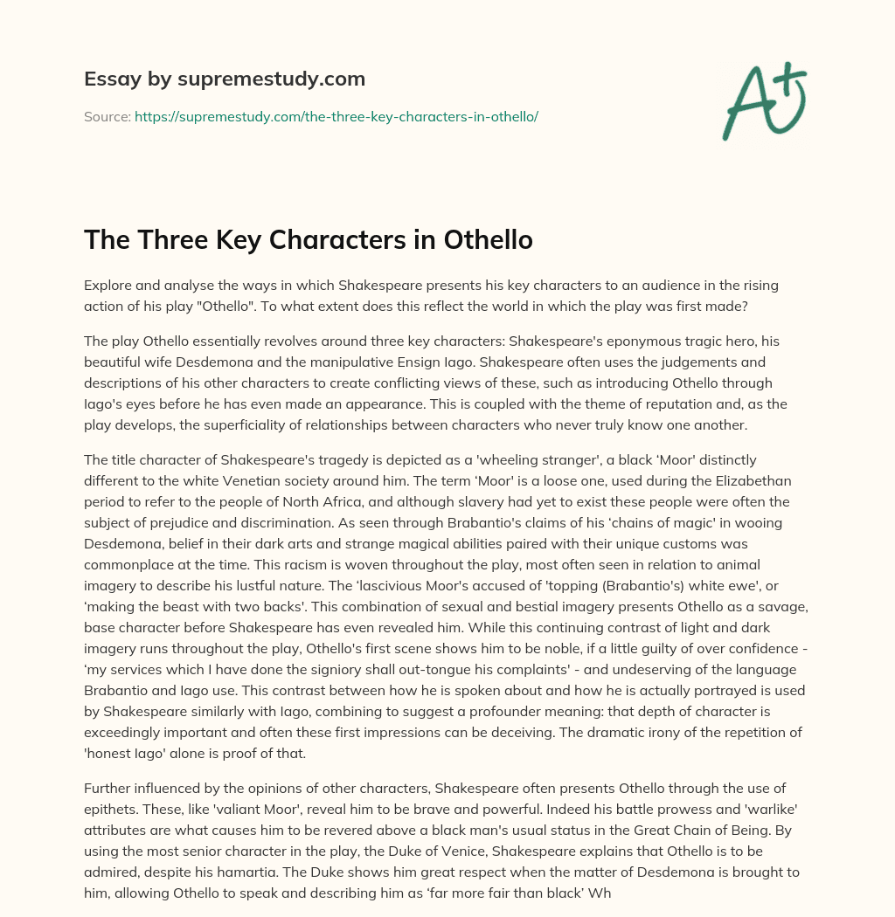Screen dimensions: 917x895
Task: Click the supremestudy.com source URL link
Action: point(336,116)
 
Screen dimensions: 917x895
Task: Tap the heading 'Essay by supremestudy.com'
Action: point(225,79)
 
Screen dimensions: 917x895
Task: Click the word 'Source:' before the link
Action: point(108,116)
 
